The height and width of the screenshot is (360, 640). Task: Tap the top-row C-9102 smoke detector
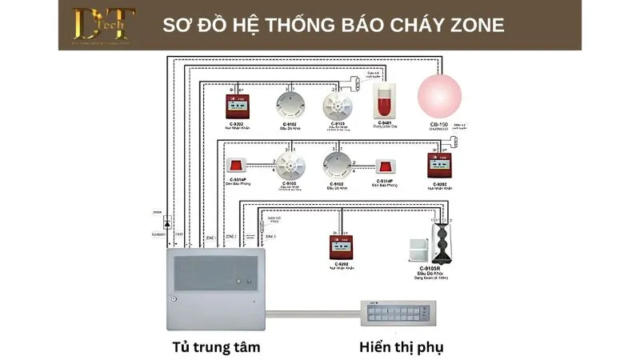pos(288,105)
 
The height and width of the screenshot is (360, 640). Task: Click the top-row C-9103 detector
pos(337,105)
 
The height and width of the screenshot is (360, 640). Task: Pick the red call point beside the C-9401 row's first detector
pos(239,105)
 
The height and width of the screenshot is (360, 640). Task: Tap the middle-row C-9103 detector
pos(288,165)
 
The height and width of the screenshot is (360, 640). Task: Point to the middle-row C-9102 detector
pos(337,165)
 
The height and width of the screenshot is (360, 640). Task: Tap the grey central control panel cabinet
pos(214,286)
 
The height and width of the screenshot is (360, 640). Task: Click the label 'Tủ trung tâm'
pos(216,346)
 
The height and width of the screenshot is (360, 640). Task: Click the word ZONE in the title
pos(470,25)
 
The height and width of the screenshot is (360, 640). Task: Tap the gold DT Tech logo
pos(103,25)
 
